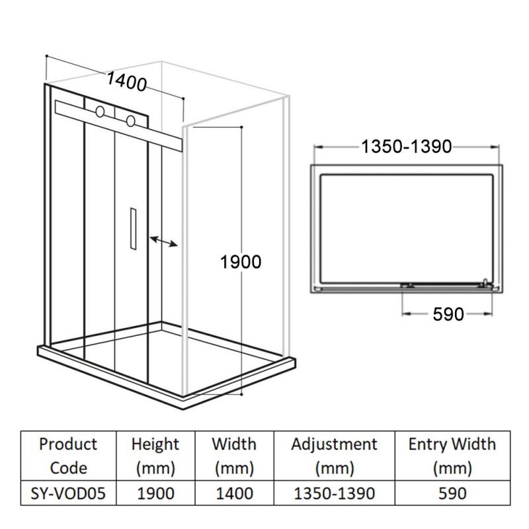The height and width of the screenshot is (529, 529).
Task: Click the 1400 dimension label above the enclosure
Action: click(x=127, y=81)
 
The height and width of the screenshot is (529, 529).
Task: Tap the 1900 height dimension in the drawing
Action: click(x=241, y=262)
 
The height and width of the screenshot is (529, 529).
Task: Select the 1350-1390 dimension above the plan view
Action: click(x=407, y=147)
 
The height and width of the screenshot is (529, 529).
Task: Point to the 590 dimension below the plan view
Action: click(x=448, y=315)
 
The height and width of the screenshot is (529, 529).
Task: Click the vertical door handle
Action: click(x=133, y=229)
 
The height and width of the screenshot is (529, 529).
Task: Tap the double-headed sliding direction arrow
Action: click(x=163, y=241)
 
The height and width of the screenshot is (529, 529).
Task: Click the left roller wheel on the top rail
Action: click(x=100, y=112)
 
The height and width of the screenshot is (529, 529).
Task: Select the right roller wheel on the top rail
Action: click(x=130, y=121)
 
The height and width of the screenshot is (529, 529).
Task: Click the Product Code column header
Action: click(x=68, y=456)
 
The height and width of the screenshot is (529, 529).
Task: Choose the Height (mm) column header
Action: click(x=155, y=456)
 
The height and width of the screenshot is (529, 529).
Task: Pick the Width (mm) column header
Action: click(x=234, y=456)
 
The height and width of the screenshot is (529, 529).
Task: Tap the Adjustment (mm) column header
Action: click(x=334, y=456)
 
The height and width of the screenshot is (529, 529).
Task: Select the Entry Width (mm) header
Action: click(x=452, y=456)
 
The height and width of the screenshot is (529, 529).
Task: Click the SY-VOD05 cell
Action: click(x=68, y=493)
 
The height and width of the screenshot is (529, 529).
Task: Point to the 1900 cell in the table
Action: click(x=155, y=493)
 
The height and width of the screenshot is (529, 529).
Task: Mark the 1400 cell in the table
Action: click(x=234, y=493)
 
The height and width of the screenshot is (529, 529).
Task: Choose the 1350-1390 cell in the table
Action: click(x=334, y=493)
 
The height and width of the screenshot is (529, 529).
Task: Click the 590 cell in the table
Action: click(x=452, y=493)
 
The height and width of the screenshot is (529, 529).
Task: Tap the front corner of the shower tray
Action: click(x=183, y=408)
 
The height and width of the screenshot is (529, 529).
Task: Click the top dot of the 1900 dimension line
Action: click(x=241, y=127)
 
